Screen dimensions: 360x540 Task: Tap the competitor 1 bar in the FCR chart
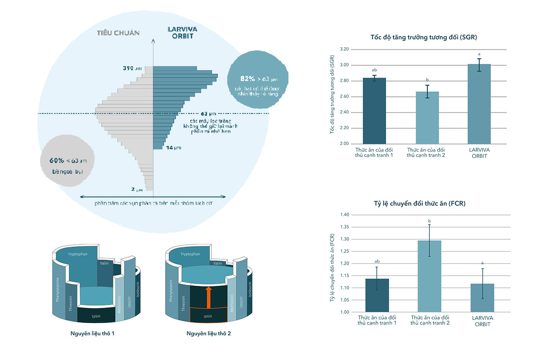[x=377, y=295]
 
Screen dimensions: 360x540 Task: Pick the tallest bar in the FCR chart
[x=429, y=276]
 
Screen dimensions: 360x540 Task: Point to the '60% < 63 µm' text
[x=68, y=160]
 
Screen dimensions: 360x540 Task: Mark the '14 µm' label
[x=173, y=148]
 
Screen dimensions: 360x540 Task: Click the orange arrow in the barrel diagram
[x=208, y=297]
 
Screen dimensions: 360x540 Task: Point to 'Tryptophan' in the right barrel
[x=190, y=254]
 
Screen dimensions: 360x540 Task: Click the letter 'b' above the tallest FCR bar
[x=429, y=221]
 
